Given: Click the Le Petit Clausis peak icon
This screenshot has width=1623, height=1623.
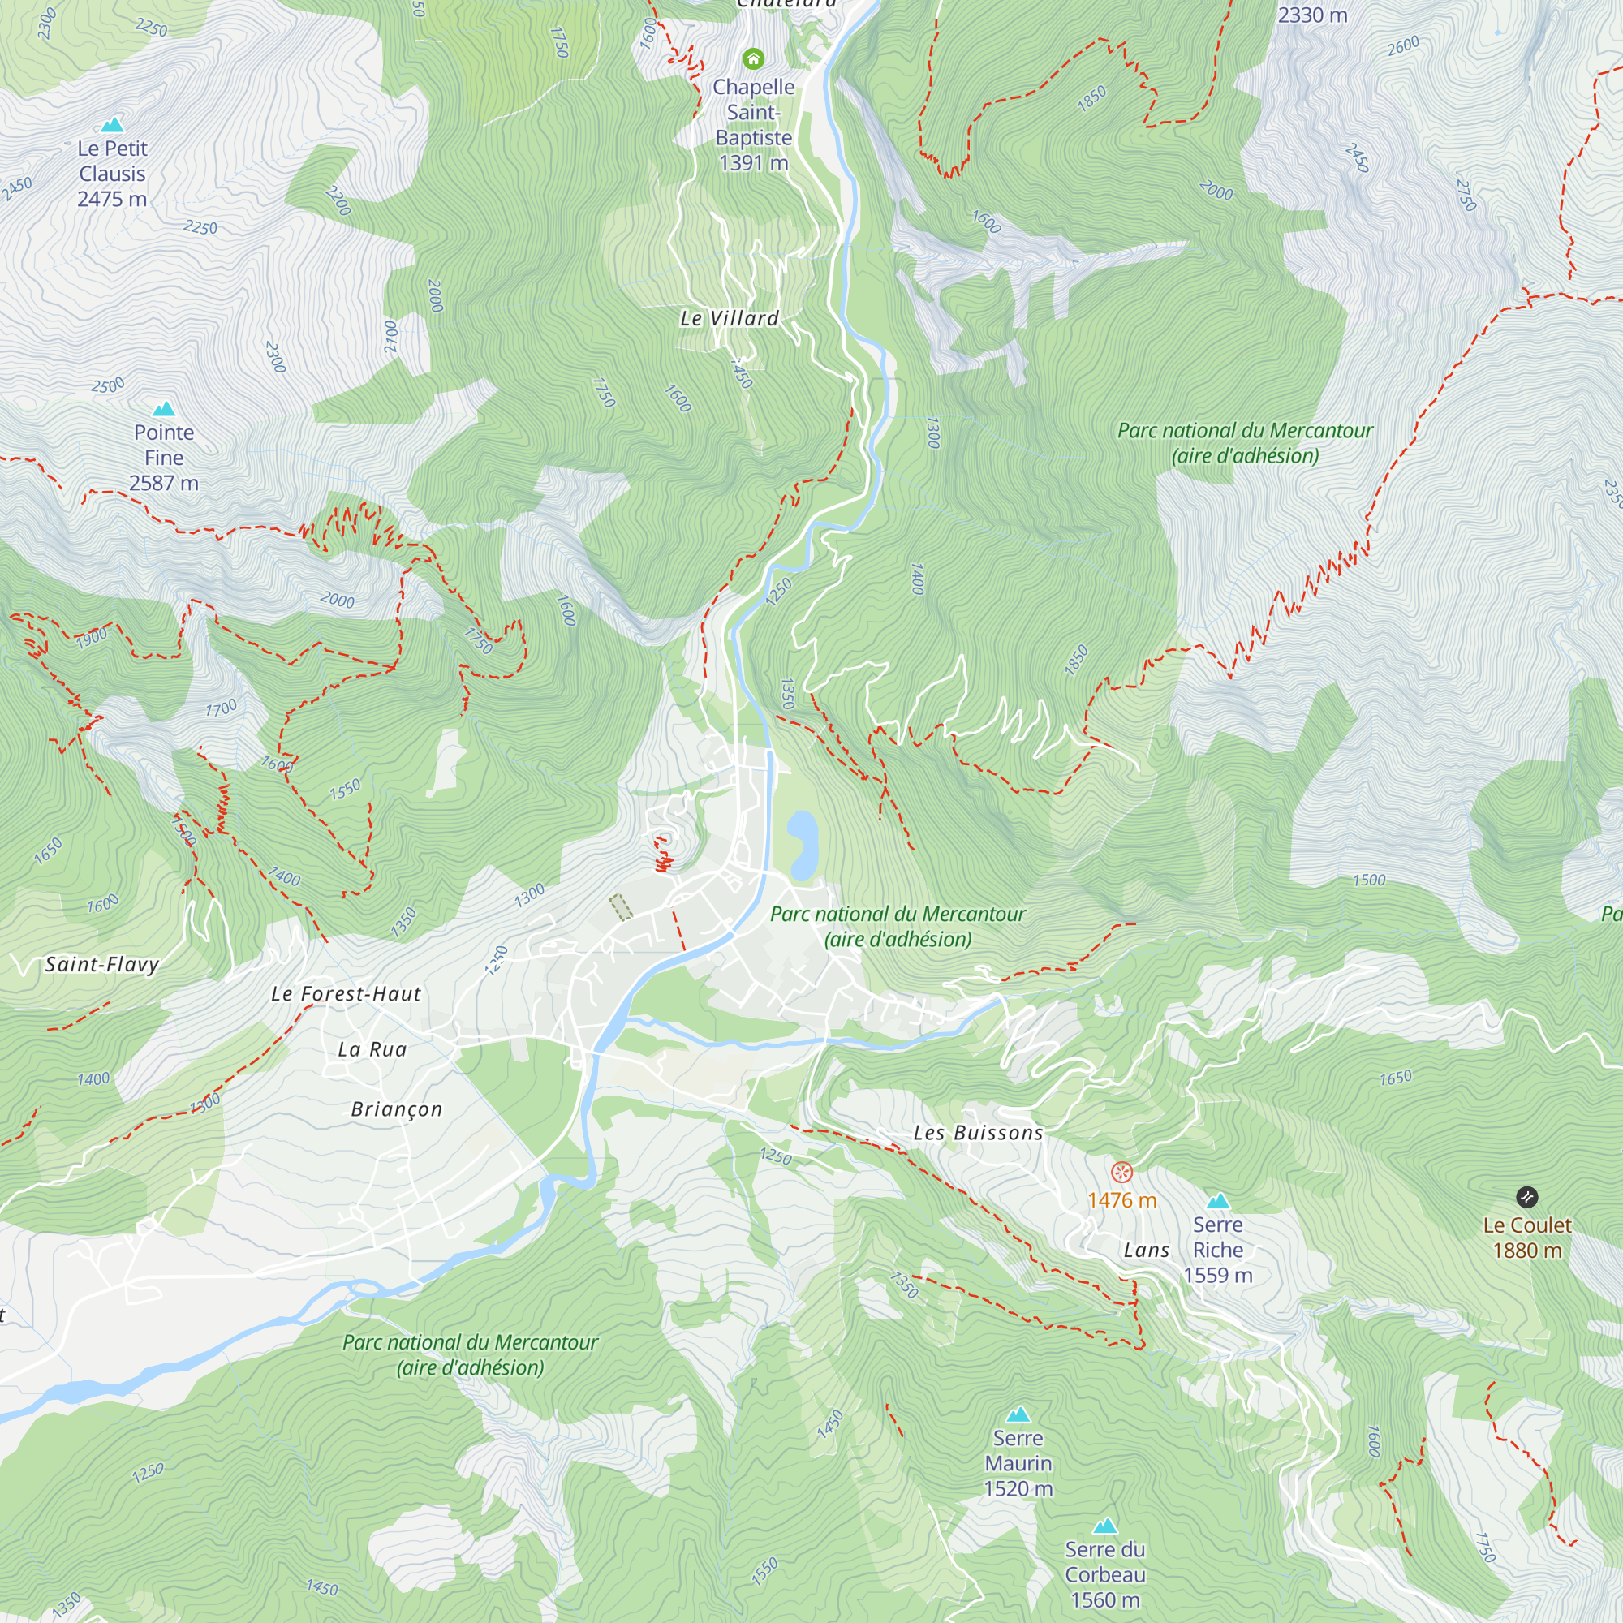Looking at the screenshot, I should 112,125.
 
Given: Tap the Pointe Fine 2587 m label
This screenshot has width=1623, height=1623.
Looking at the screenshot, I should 164,458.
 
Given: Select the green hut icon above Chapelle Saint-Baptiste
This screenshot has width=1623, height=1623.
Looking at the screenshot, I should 754,58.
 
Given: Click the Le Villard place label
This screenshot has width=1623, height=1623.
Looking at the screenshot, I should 730,318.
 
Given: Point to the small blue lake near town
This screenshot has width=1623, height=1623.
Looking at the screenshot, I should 802,844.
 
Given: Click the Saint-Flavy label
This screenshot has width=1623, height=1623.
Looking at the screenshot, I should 101,964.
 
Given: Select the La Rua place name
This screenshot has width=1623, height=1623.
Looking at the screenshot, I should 372,1049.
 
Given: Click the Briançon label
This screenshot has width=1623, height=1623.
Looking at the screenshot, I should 397,1109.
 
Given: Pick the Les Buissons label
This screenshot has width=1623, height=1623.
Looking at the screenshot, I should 979,1133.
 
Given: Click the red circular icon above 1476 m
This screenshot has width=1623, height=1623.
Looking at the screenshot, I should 1121,1172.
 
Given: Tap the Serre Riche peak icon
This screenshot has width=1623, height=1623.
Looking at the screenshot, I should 1218,1201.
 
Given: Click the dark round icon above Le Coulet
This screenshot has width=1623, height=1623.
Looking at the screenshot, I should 1526,1197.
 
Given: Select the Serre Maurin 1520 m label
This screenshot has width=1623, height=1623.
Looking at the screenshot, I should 1018,1463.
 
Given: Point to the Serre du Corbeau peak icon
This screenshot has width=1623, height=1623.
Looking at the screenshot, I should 1104,1526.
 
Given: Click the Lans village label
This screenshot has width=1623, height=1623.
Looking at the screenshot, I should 1147,1251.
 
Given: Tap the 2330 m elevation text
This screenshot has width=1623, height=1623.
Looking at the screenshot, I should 1312,15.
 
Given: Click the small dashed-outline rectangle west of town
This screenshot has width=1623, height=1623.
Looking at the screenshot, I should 621,907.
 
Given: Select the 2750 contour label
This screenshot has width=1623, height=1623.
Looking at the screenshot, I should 1466,195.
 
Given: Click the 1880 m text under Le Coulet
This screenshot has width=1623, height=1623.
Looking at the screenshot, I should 1526,1251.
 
